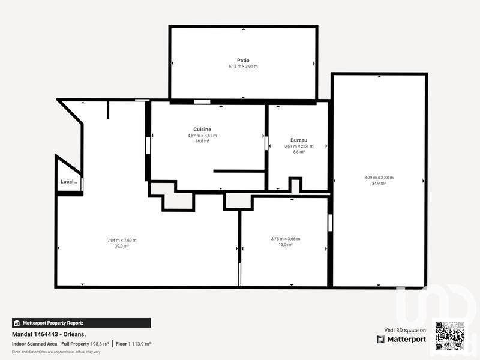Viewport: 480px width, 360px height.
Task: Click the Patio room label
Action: pos(243,60)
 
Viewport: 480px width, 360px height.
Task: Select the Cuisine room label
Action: pos(202,130)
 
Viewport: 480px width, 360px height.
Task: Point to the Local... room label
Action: pos(68,182)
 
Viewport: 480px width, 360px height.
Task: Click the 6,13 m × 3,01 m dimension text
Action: pos(243,67)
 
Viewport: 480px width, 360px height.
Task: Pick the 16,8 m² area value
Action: pos(202,142)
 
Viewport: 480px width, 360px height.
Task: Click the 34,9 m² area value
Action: pos(379,184)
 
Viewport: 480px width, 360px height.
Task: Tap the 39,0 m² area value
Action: pos(122,246)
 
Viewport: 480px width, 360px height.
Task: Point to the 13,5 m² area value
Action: pos(286,245)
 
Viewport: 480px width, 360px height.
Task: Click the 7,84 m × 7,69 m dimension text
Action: pos(122,240)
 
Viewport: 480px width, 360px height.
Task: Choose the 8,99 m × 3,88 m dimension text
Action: pos(379,178)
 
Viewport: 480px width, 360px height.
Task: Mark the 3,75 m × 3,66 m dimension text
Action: pos(286,239)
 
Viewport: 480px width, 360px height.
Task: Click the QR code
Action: pos(449,335)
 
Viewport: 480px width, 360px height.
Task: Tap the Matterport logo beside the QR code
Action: pos(401,340)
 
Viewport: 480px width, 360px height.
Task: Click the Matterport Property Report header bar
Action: pos(82,323)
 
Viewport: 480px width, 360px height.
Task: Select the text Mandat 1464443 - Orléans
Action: pos(49,334)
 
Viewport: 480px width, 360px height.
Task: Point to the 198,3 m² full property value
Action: pos(99,344)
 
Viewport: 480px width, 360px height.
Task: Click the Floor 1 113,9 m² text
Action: pos(133,344)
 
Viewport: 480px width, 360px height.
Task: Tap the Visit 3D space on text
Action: pos(405,330)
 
